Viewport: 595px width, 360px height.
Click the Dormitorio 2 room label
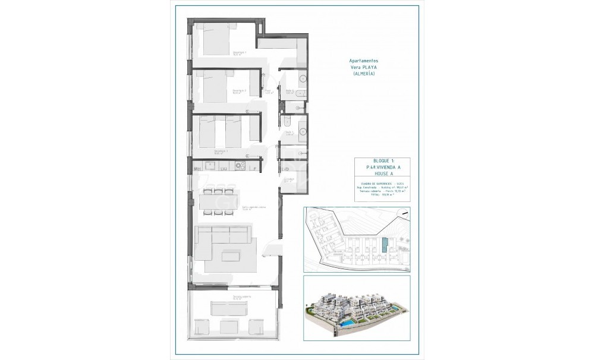point(240,92)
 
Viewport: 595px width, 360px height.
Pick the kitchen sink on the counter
point(212,166)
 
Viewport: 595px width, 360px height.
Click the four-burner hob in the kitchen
point(240,166)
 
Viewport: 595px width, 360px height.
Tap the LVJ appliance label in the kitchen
point(225,169)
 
